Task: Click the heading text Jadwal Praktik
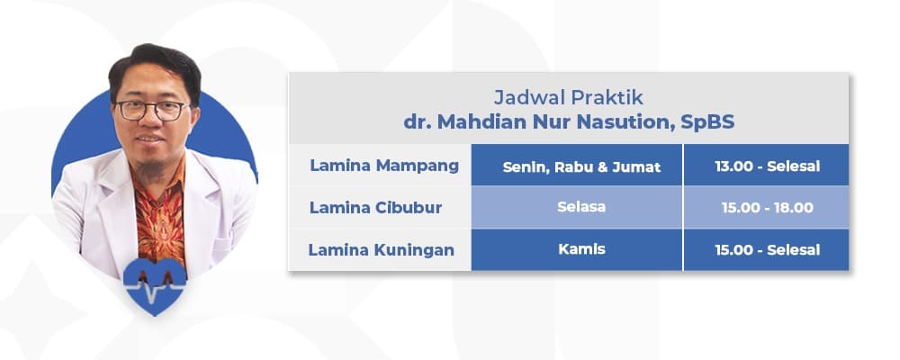tap(569, 95)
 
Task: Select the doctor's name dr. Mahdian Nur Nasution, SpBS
tap(569, 121)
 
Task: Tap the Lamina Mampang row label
tap(384, 166)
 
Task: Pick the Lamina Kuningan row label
tap(382, 249)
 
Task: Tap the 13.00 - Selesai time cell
tap(767, 166)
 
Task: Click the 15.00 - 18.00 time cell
tap(767, 207)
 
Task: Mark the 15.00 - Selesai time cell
tap(767, 249)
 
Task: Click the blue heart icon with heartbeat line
tap(155, 285)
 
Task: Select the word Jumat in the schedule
tap(640, 166)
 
